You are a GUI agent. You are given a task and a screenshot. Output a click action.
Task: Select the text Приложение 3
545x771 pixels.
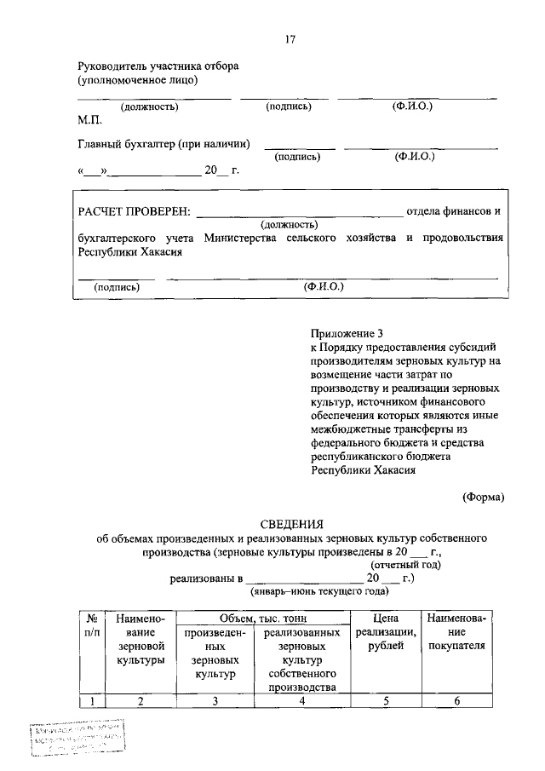click(344, 334)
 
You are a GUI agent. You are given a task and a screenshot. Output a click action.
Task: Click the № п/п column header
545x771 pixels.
click(89, 625)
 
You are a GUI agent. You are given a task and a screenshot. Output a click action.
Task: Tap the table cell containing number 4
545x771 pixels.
click(301, 701)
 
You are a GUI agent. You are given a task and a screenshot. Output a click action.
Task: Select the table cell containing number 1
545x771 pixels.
click(89, 701)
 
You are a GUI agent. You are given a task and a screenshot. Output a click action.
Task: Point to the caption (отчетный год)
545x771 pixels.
click(404, 564)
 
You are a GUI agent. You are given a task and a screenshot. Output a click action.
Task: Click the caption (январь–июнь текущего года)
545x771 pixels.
click(318, 590)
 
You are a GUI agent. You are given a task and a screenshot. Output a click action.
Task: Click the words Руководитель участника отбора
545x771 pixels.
click(158, 66)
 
